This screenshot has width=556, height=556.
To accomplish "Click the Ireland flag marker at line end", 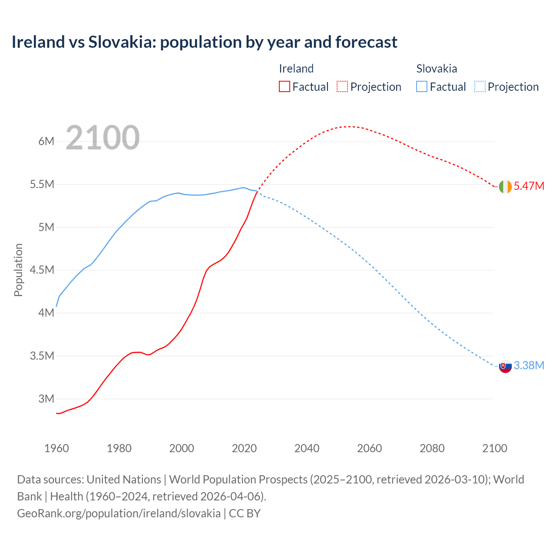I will [x=505, y=186].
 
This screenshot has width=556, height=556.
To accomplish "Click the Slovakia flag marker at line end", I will [x=505, y=366].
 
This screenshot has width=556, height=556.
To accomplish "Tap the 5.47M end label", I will [x=529, y=186].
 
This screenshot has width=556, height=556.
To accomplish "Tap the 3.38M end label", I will [x=529, y=366].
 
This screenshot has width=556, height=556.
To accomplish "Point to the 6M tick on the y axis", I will [x=46, y=141].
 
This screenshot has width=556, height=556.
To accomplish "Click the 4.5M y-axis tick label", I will [x=42, y=270].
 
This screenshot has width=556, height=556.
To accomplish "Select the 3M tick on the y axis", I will [x=46, y=399].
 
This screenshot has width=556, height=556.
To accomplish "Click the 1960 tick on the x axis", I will [x=56, y=448].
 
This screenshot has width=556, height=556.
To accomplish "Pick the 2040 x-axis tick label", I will [x=307, y=448].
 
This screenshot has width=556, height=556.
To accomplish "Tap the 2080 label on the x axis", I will [x=432, y=448].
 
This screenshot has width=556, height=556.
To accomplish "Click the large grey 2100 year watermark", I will [x=103, y=138].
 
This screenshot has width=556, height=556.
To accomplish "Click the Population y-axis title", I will [x=18, y=270].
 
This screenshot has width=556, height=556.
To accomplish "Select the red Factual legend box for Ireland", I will [x=284, y=86].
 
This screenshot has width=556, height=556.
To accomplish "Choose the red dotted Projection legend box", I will [x=342, y=86].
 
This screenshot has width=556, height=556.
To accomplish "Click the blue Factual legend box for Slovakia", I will [x=421, y=86].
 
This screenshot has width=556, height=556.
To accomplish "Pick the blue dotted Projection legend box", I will [x=480, y=86].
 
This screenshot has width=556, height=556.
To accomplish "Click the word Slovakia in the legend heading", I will [x=436, y=69].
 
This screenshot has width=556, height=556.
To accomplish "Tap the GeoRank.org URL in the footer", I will [x=119, y=513].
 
